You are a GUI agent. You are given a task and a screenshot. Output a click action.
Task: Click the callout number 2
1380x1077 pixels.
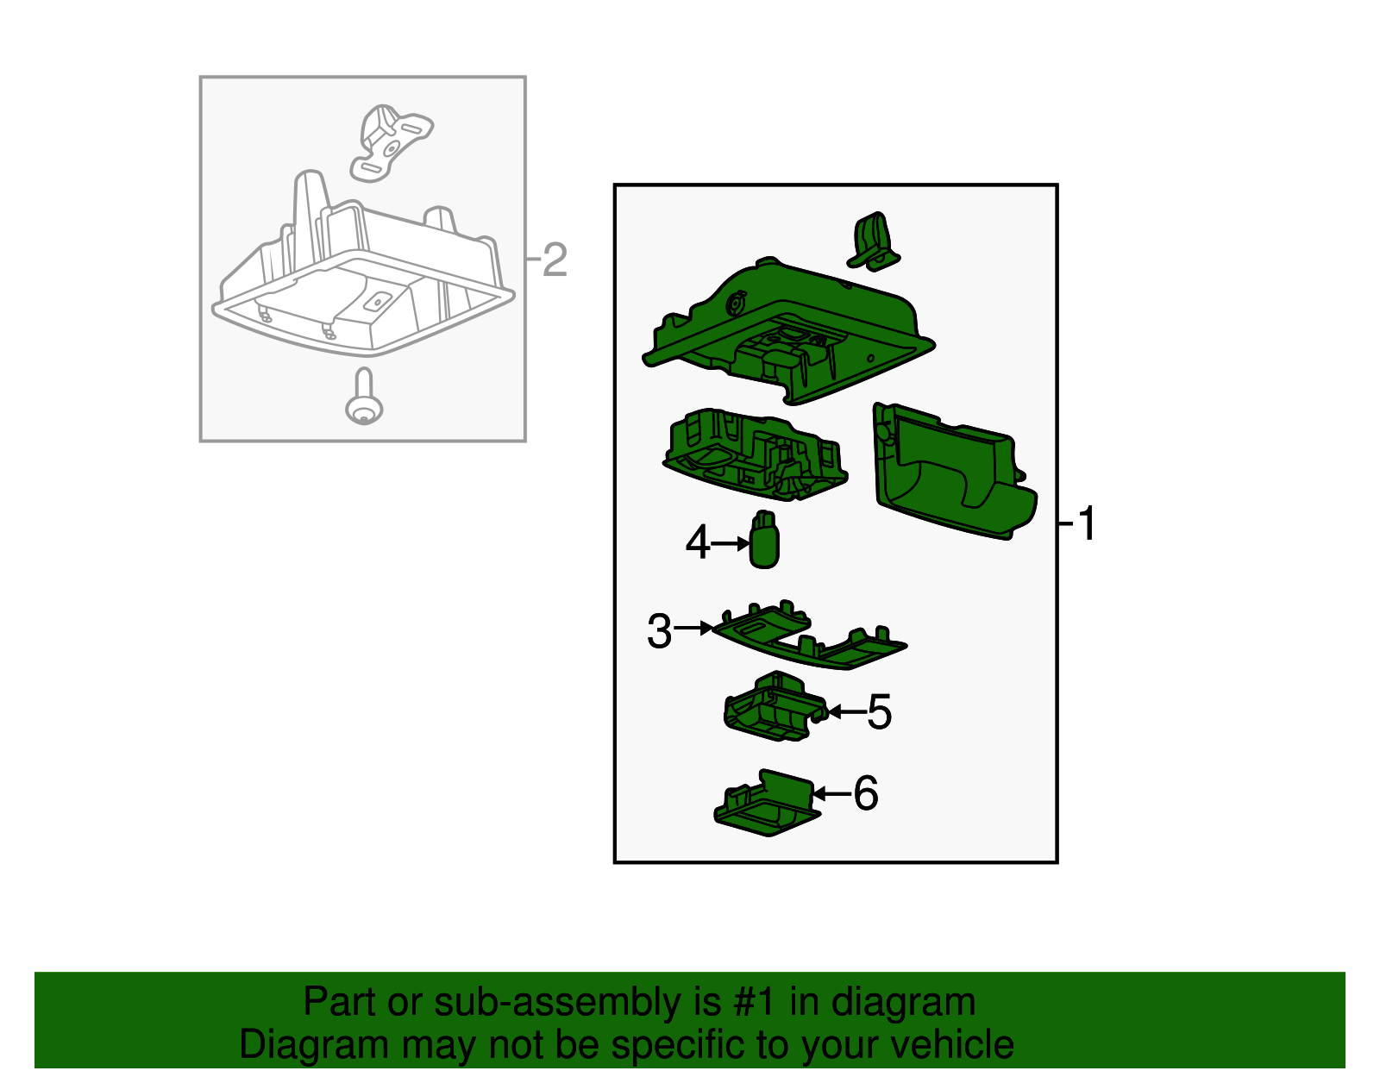[555, 260]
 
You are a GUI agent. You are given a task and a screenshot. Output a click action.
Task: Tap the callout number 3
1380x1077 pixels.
[659, 631]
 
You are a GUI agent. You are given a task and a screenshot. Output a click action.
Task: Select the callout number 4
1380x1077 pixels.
[697, 542]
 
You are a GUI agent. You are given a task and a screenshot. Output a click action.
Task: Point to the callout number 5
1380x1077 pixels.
[879, 711]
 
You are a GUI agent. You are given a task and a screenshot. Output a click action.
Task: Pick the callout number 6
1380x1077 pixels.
[866, 793]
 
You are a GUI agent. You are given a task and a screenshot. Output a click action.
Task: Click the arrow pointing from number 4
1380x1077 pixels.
[731, 543]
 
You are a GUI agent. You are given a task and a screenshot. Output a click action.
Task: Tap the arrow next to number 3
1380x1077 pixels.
[693, 628]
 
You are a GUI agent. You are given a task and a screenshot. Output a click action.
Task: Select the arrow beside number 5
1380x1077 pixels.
[847, 711]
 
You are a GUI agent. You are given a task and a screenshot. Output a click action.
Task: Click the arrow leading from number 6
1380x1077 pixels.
[832, 793]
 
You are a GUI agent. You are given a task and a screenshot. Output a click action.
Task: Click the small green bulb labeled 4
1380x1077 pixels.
[764, 540]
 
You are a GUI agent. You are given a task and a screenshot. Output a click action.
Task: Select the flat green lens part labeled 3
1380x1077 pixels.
[809, 635]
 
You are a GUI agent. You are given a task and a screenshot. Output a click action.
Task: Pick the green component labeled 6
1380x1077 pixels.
[767, 803]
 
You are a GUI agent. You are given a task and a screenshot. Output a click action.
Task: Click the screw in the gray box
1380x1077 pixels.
[364, 397]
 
